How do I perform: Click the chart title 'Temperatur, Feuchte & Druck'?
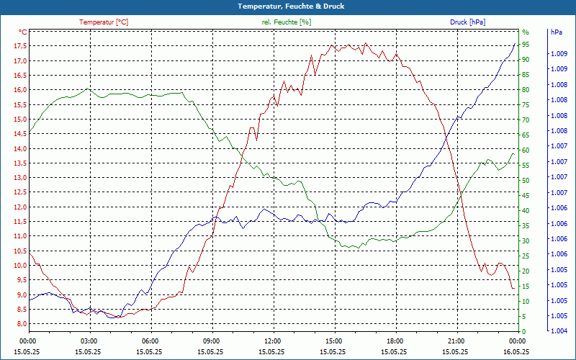[288, 6]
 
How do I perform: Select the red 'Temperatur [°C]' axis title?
[104, 22]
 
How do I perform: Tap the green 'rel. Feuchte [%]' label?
[287, 22]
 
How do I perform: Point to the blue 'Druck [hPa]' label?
[467, 22]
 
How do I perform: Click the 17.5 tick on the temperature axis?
[20, 46]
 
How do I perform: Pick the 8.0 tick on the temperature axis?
[22, 324]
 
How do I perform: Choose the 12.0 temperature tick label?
[20, 207]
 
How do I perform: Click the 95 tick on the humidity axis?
[526, 45]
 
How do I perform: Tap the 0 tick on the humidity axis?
[523, 332]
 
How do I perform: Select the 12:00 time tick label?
[273, 341]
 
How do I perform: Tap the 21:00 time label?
[456, 341]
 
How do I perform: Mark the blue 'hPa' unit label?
[557, 32]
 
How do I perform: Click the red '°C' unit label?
[23, 32]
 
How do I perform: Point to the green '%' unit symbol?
[525, 32]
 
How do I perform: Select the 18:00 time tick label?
[395, 341]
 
